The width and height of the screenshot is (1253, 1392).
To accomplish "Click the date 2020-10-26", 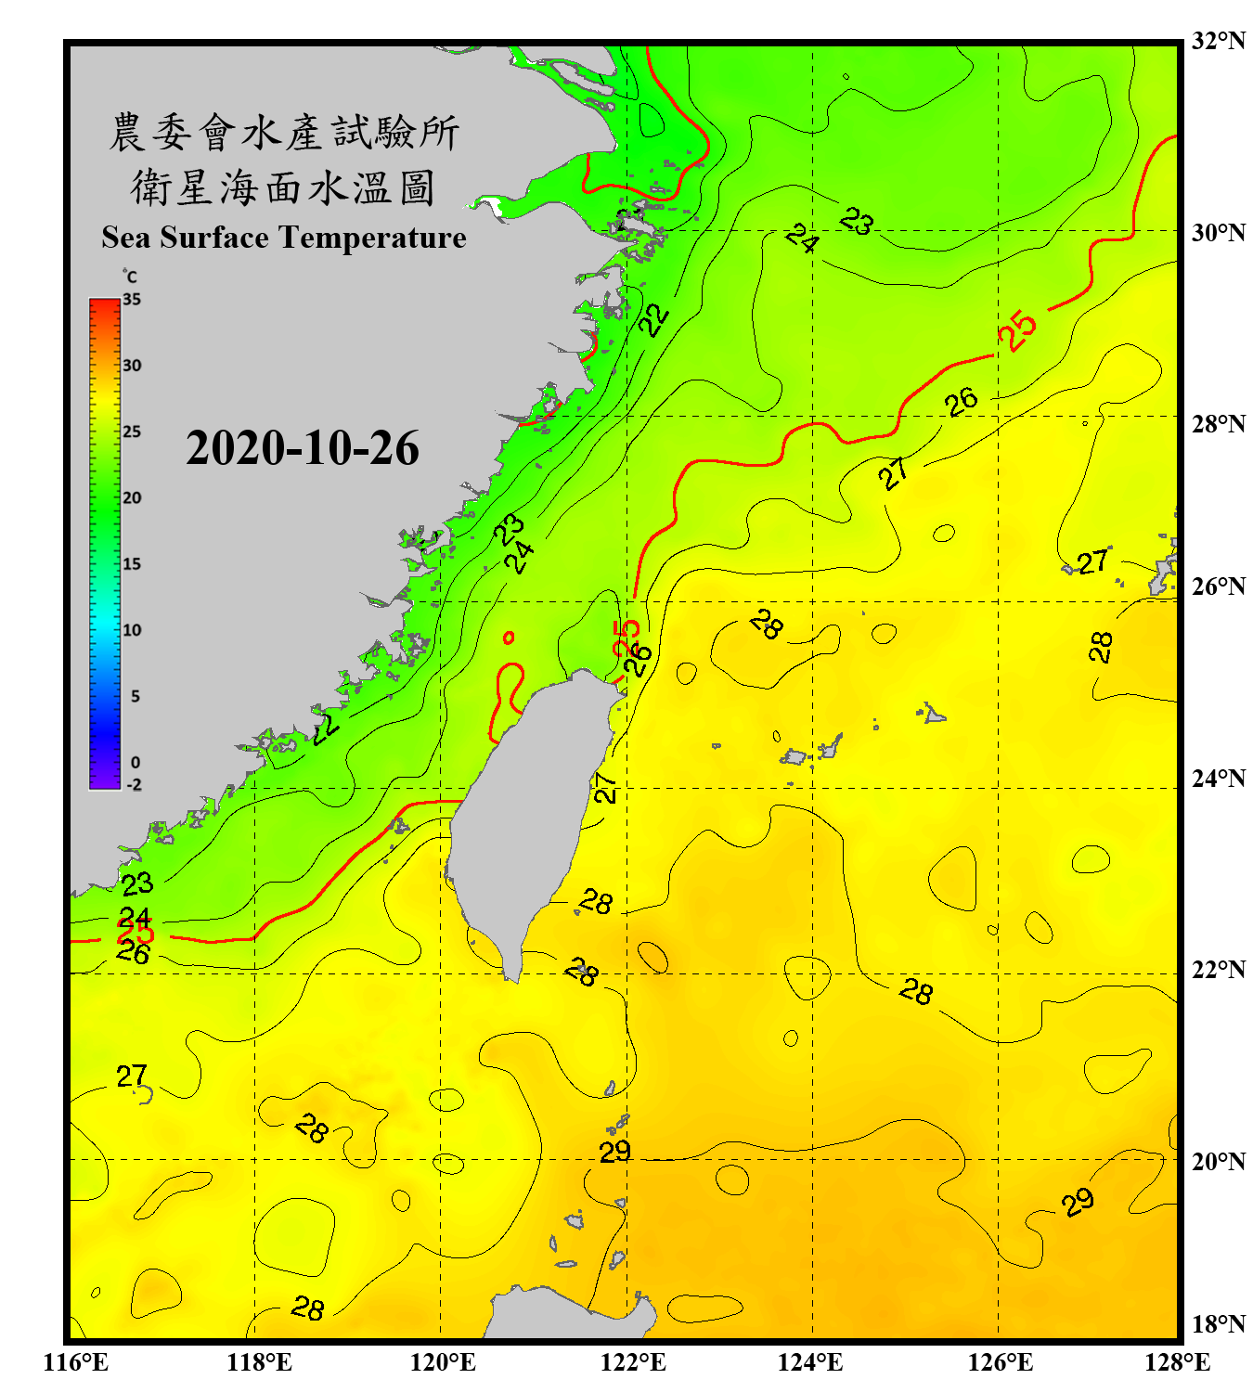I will [303, 448].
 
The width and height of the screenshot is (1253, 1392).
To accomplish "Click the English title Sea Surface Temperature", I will [284, 238].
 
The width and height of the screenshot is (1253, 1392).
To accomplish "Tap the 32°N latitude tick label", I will [1218, 41].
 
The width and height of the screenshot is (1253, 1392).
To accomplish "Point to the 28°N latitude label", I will [1218, 423].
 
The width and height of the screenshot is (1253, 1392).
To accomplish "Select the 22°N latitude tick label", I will [1218, 970].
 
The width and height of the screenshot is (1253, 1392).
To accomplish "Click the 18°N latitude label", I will [1218, 1324].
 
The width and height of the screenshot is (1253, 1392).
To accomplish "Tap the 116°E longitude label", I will [76, 1362].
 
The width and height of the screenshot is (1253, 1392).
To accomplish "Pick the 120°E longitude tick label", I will [443, 1362].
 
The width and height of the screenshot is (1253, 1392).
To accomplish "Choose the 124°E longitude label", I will [810, 1362].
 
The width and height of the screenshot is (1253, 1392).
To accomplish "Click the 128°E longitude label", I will [1177, 1362].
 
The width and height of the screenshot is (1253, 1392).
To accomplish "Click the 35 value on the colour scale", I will [132, 299].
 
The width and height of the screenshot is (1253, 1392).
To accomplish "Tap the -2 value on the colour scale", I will [134, 784].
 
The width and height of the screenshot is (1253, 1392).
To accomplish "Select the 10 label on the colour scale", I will [132, 630].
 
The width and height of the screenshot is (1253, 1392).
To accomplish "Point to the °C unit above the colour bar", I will [130, 277].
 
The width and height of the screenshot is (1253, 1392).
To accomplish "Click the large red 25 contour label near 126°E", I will [1017, 330].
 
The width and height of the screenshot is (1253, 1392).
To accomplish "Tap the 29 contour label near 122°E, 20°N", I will [614, 1152].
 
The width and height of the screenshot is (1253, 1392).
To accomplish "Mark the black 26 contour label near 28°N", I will [962, 402].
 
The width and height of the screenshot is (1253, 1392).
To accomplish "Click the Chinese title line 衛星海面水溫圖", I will [283, 187].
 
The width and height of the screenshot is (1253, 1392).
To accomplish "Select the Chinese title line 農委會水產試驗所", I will [284, 133].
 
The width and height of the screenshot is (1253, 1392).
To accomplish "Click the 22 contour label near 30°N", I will [654, 319].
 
